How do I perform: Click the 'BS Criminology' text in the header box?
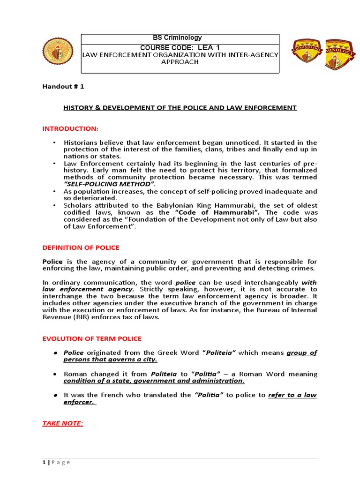[x=180, y=38]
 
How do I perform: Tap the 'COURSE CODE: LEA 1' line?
[x=180, y=47]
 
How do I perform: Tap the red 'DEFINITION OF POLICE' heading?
[x=81, y=247]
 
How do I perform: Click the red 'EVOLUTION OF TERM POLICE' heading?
[x=92, y=338]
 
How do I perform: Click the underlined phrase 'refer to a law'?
[x=292, y=395]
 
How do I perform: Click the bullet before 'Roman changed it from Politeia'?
[x=55, y=374]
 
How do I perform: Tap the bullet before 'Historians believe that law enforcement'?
[x=55, y=142]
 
